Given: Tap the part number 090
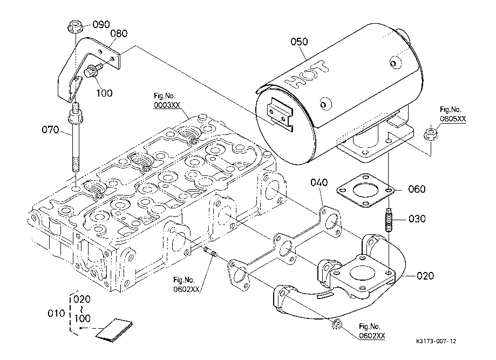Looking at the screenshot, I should coord(101,24).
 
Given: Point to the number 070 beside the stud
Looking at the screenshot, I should coord(51,130).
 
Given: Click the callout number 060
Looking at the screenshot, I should coord(417,189).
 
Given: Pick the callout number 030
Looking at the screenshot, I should coord(417,219).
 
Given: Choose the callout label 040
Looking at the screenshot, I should coord(318,184).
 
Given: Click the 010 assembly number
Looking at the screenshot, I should coord(56,313).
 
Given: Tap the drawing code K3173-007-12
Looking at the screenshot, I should coord(437,342).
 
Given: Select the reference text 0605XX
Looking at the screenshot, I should coord(453,118).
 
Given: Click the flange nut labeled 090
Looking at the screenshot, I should coord(74,25).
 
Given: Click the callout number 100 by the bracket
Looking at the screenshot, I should coord(105,93).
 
